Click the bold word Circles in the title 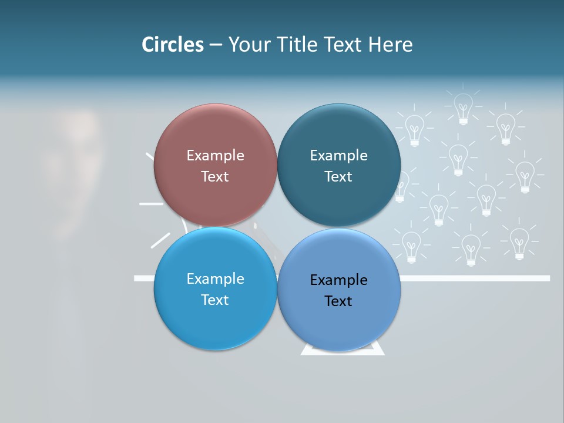click(173, 45)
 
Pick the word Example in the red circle click(215, 156)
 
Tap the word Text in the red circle click(215, 177)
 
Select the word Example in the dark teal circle click(338, 156)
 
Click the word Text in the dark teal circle click(338, 177)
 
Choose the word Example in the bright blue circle click(215, 279)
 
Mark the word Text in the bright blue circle click(215, 300)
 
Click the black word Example click(338, 280)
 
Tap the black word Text click(338, 301)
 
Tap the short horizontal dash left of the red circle click(151, 204)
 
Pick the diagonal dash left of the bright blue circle click(160, 240)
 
